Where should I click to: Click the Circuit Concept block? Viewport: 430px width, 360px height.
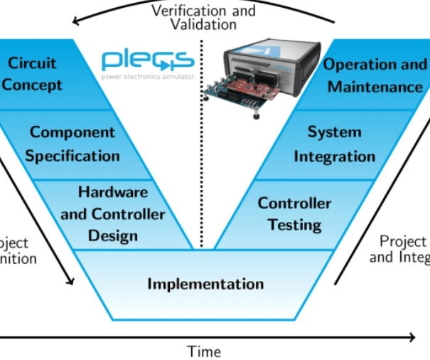(36, 74)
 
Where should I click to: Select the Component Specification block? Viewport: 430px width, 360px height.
(72, 144)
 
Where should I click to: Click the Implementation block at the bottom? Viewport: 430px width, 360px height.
(205, 283)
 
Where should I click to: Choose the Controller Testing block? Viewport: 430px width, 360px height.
(294, 213)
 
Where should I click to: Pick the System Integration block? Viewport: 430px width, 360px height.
(334, 144)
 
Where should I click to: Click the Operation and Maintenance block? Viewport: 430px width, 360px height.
(375, 75)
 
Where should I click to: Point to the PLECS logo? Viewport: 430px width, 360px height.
(147, 59)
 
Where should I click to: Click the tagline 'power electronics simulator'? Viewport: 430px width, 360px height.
(147, 76)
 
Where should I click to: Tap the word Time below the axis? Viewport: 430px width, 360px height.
(204, 351)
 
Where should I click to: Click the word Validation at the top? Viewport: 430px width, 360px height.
(203, 24)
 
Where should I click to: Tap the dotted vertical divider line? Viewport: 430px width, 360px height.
(201, 142)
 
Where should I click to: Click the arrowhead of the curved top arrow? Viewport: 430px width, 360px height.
(77, 21)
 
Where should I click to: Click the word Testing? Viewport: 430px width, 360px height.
(294, 225)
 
